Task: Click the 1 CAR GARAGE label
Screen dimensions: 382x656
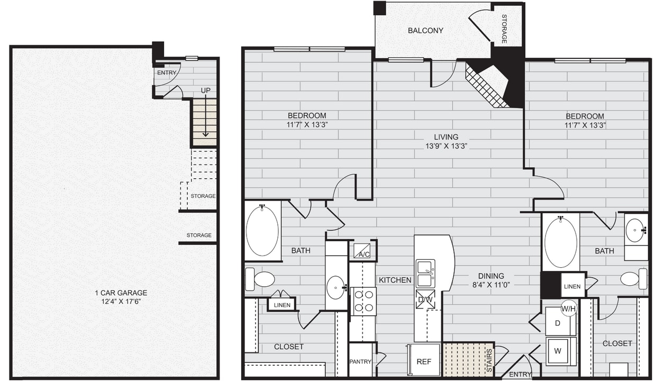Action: [121, 293]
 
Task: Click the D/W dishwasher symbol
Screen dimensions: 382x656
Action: [425, 299]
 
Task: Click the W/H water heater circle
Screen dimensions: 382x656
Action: [569, 308]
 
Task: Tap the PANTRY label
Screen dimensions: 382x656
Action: [360, 362]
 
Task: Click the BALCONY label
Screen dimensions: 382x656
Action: [425, 31]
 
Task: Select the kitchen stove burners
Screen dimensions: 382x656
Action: [363, 302]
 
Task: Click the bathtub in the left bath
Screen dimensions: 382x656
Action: [262, 231]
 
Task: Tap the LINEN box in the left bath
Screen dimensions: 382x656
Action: [282, 305]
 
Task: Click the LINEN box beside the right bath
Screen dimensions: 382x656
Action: [572, 286]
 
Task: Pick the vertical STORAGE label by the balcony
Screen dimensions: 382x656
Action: [504, 31]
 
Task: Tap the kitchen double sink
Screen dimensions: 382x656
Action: [425, 273]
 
